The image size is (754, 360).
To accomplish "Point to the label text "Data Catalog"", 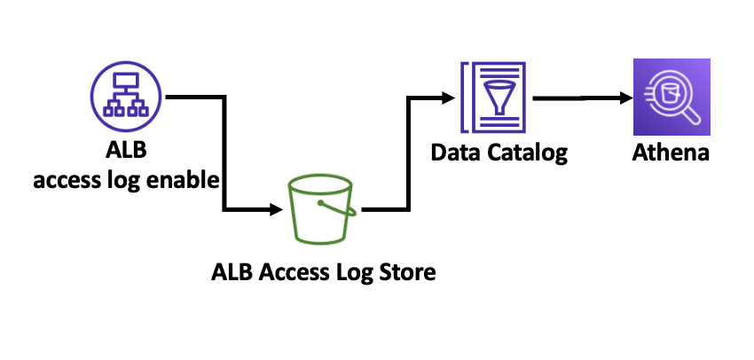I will (x=499, y=153).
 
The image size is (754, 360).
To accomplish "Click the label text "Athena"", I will (x=672, y=153).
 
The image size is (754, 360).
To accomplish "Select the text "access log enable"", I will (x=126, y=181).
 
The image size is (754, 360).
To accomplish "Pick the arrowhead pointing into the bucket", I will (x=274, y=210).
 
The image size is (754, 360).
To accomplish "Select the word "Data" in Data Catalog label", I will (x=455, y=153).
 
